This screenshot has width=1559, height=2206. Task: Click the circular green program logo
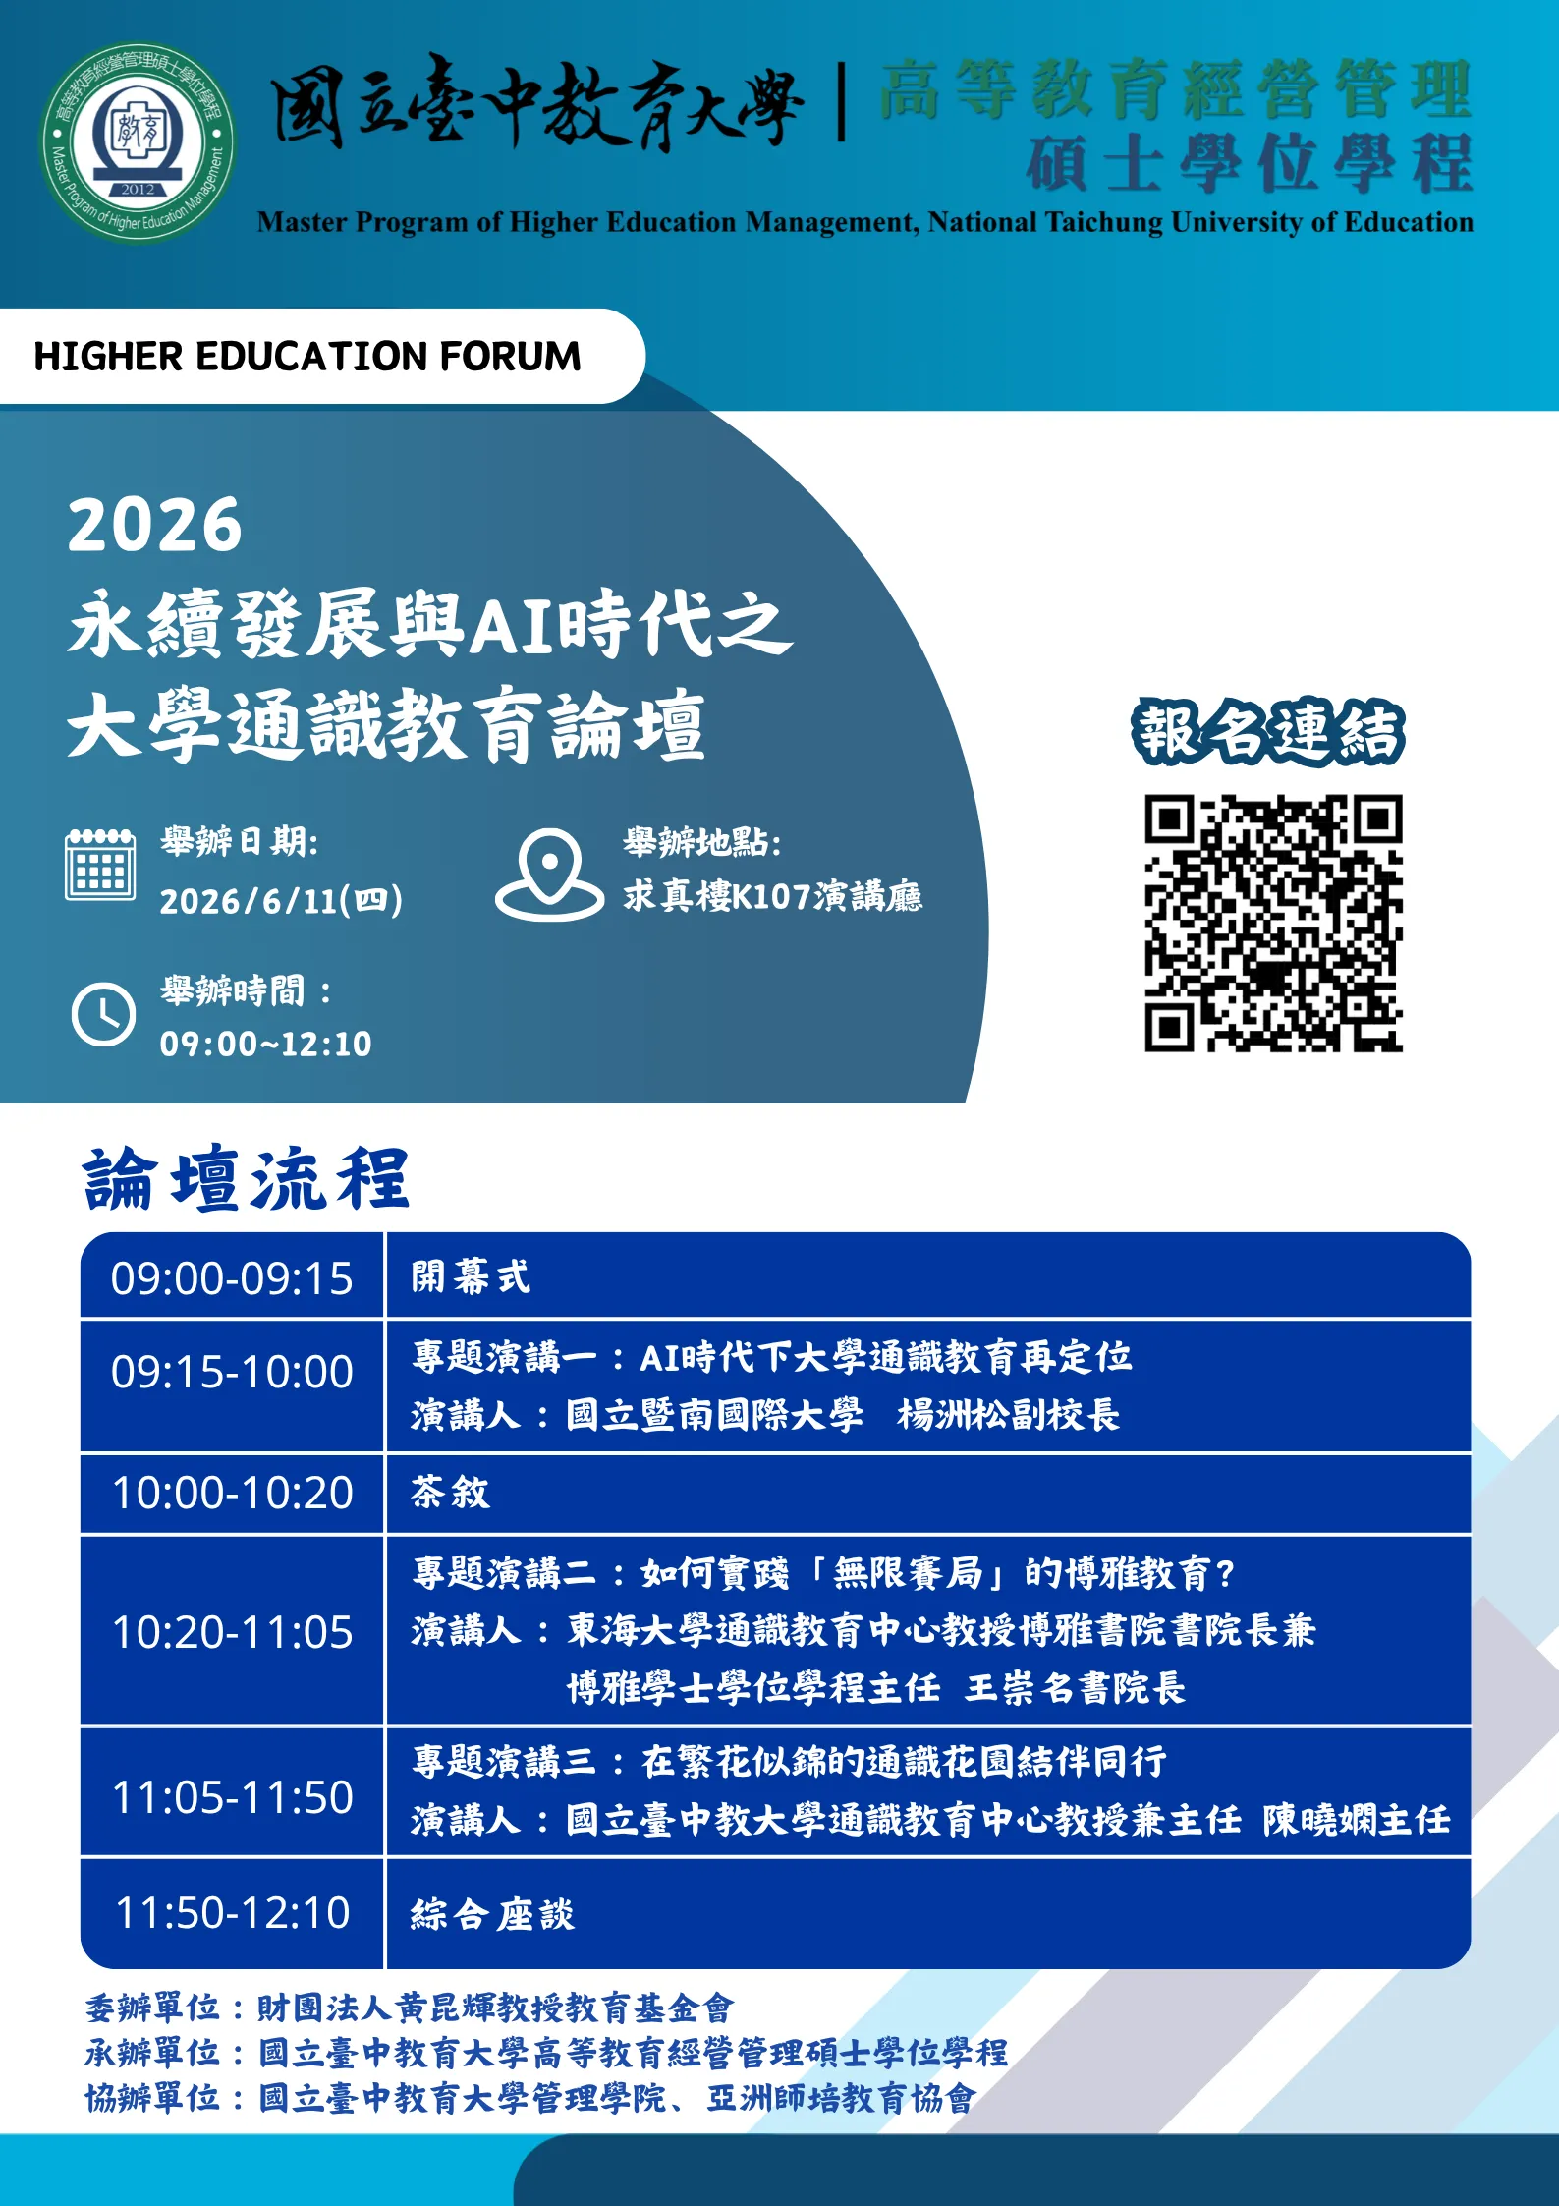pos(138,141)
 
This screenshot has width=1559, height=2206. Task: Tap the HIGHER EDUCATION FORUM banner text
pos(307,356)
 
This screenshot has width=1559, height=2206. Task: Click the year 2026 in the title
pos(154,525)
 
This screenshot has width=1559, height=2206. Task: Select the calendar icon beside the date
pos(100,864)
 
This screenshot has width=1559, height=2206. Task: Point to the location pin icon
pos(549,874)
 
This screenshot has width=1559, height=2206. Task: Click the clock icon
pos(103,1013)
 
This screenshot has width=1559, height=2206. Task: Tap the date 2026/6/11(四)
pos(281,900)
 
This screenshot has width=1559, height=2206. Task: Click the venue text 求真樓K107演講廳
pos(772,895)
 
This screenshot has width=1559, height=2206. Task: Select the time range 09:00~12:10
pos(266,1044)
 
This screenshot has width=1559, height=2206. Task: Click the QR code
pos(1273,923)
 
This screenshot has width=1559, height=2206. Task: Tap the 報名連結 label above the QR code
pos(1268,732)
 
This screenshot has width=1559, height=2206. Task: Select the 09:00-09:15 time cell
pos(232,1277)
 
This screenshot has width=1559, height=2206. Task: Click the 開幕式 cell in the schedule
pos(471,1277)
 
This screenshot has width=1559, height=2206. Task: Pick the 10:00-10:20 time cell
pos(232,1493)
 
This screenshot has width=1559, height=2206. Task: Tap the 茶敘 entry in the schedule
pos(450,1492)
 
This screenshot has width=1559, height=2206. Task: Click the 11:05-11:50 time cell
pos(232,1796)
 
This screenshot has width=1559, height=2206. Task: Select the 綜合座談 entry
pos(492,1913)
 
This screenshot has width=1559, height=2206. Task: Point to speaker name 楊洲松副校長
pos(1008,1415)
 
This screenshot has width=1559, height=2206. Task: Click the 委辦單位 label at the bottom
pos(151,2008)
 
